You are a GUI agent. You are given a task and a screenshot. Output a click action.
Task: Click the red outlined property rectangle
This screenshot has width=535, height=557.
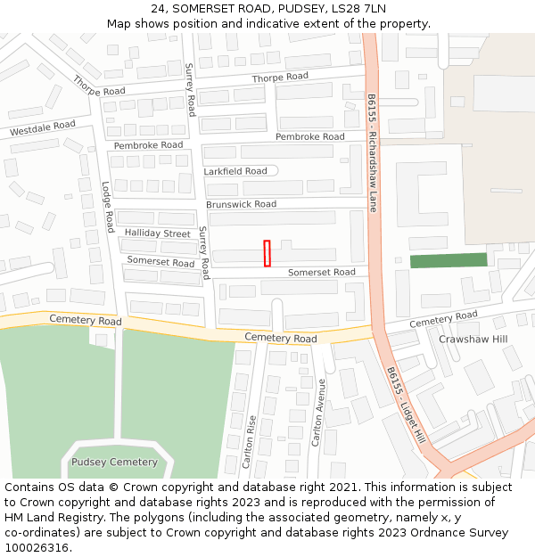click(267, 253)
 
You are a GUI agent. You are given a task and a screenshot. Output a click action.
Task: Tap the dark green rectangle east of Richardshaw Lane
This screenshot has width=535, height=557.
click(449, 260)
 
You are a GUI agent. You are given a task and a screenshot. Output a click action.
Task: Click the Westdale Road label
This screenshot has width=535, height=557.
click(43, 129)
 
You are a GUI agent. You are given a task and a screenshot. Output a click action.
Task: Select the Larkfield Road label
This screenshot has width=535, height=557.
click(235, 171)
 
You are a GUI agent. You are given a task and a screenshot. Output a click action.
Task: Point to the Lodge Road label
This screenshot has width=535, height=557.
click(108, 208)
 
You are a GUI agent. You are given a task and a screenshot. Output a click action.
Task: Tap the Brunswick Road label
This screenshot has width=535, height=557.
click(242, 204)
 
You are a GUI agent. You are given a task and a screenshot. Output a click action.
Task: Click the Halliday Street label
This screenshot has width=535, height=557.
click(158, 233)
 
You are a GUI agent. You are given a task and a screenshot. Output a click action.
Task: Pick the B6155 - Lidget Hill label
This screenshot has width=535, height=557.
click(406, 405)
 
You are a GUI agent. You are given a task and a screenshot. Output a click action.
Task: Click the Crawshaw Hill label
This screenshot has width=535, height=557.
click(473, 340)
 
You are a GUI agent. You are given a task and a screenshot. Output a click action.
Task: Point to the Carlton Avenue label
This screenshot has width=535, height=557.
click(318, 413)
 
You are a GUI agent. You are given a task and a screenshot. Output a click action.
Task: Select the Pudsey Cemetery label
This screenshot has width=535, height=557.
click(114, 463)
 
